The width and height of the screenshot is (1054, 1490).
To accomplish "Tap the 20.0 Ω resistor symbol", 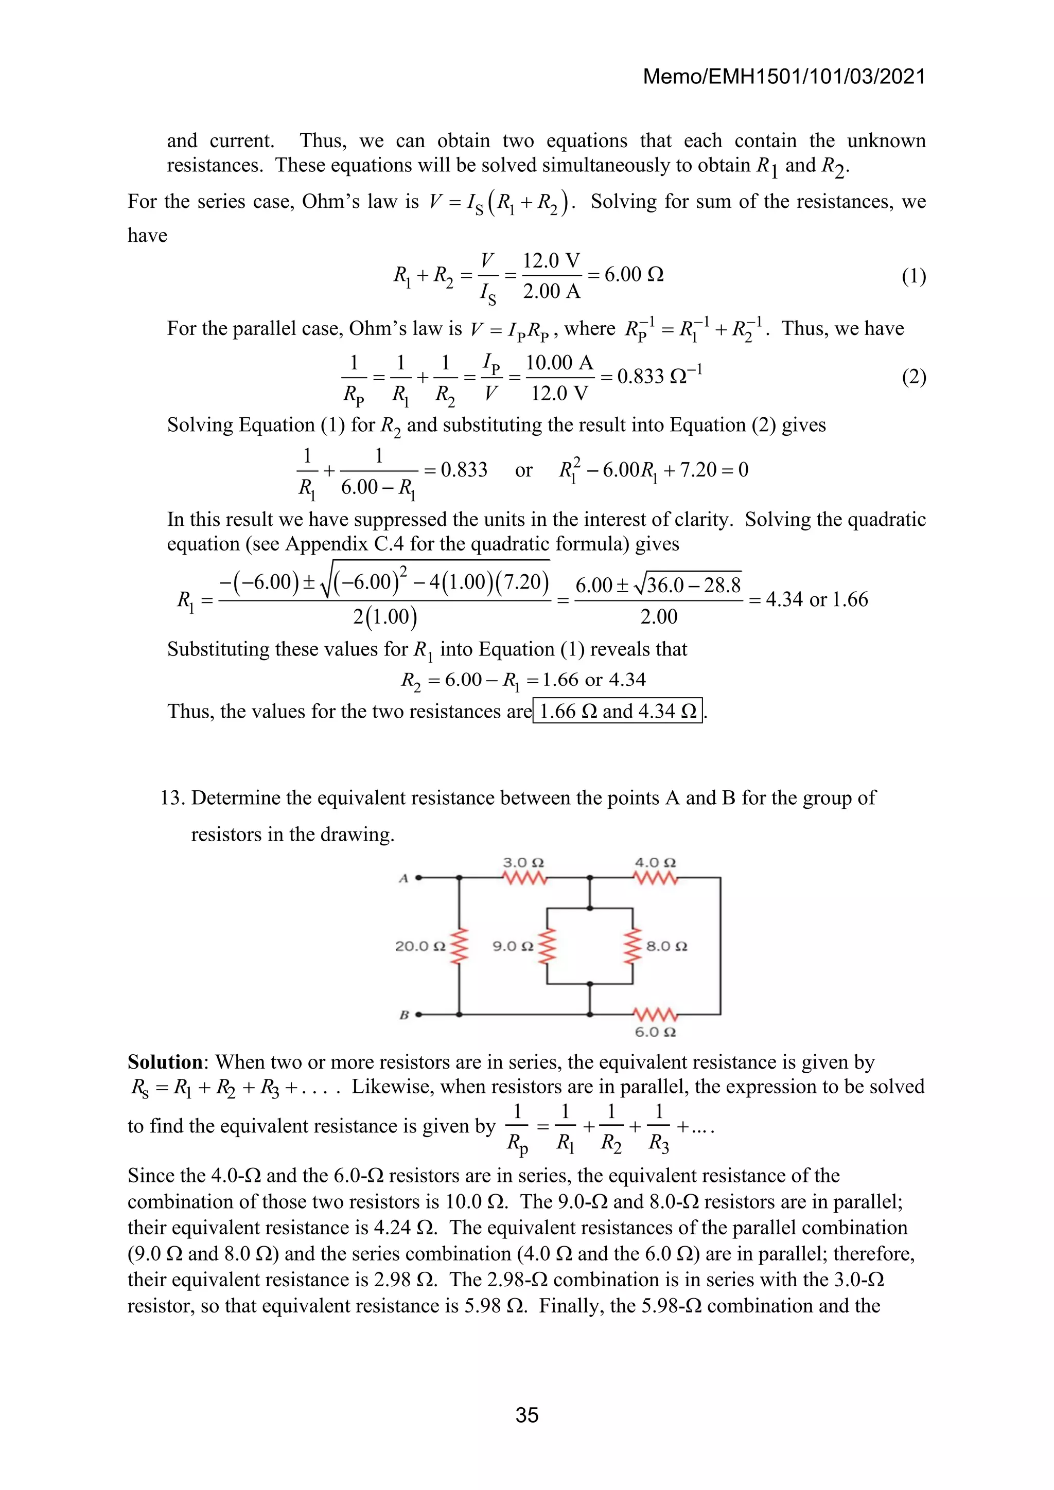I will point(460,946).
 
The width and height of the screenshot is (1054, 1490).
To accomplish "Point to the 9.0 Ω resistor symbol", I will point(548,946).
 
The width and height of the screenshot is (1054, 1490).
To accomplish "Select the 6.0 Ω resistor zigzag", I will point(656,1014).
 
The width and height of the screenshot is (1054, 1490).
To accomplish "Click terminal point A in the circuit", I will point(418,878).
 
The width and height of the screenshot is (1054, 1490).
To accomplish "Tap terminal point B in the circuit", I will point(418,1014).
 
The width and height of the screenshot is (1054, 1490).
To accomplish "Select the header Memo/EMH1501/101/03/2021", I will point(783,77).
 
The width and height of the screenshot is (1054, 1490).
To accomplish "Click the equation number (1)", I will point(913,276).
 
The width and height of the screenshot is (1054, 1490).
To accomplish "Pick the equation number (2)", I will point(913,377).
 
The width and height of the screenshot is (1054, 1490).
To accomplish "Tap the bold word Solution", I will point(165,1062).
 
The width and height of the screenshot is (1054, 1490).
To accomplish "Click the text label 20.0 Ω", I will point(420,946).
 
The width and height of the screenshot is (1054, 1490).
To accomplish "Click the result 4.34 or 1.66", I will point(816,599).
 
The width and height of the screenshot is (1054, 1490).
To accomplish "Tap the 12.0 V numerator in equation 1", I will point(551,261).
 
